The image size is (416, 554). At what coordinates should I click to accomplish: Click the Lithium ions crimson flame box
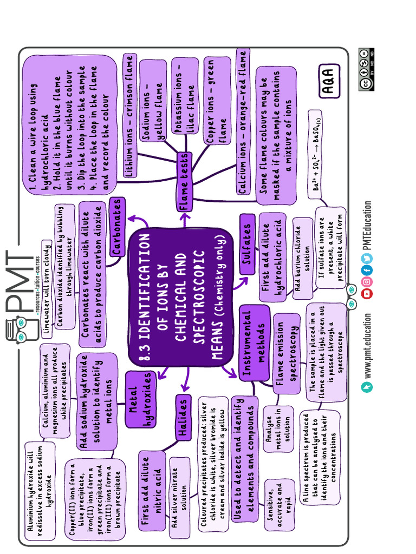click(129, 115)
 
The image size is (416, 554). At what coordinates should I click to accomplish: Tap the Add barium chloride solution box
click(302, 258)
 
